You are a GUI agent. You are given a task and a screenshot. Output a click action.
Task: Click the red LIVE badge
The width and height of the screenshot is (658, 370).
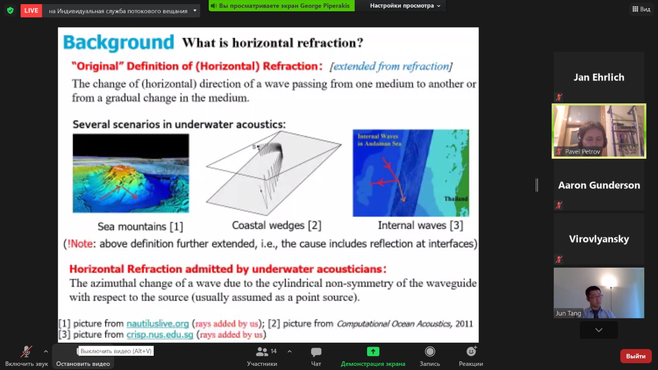coord(31,11)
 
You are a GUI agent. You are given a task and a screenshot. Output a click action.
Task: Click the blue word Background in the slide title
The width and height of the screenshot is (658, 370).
coord(119,43)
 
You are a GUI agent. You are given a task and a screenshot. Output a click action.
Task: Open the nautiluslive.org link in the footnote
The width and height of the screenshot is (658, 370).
coord(157,324)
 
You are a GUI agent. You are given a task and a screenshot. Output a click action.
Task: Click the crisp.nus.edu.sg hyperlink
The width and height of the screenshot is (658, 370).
coord(160,335)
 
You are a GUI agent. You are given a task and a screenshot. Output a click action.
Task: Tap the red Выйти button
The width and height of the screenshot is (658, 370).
coord(636,356)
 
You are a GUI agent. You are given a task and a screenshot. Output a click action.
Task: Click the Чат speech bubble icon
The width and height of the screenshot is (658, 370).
coord(316,351)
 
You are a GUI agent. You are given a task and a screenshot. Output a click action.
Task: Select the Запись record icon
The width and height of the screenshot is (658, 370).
coord(430,351)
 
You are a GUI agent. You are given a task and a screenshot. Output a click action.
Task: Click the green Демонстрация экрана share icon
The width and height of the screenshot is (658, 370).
coord(373,351)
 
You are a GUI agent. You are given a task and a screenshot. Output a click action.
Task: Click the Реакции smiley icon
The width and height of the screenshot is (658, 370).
coord(471,351)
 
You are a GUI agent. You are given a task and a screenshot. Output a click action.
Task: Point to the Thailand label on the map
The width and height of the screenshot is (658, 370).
coord(456,199)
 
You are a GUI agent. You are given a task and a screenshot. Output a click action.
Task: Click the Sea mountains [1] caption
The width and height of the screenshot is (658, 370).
coord(140,227)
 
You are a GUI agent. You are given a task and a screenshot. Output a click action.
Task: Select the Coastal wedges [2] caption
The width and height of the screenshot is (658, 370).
coord(277,225)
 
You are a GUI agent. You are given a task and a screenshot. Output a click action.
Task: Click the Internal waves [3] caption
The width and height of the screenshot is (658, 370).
coord(421,225)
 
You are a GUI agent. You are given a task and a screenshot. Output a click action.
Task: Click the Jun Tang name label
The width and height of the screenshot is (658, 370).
coord(569,313)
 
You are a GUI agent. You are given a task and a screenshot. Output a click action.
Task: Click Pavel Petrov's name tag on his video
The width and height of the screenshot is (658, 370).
coord(582,152)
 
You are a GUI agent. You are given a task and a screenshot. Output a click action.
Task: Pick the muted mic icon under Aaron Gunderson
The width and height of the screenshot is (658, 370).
coord(559,205)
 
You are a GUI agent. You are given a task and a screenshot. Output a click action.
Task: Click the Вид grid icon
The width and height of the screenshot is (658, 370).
coord(635,9)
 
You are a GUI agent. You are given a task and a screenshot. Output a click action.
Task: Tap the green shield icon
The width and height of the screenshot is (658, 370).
coord(10,11)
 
